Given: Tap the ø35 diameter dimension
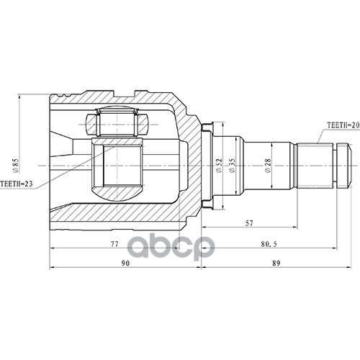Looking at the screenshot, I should (x=232, y=166).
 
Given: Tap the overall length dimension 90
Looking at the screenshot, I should (x=125, y=264).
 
